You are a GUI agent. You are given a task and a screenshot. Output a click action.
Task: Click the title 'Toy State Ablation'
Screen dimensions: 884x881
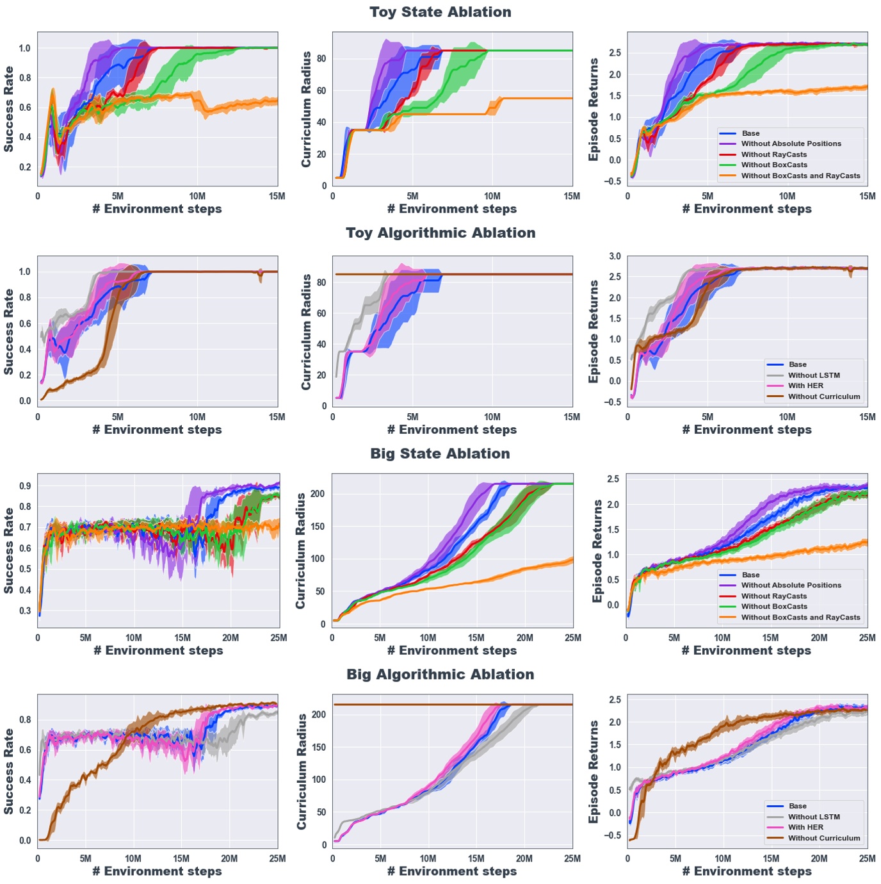pyautogui.click(x=440, y=12)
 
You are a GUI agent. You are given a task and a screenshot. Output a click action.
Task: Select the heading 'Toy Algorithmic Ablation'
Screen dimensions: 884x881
pyautogui.click(x=440, y=233)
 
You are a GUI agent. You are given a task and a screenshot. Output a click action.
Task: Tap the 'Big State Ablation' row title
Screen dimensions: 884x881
pyautogui.click(x=440, y=454)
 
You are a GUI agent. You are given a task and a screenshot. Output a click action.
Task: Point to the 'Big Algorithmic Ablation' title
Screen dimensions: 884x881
pyautogui.click(x=440, y=675)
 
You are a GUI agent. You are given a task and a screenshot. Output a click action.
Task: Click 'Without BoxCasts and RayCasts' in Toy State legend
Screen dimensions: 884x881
pyautogui.click(x=800, y=176)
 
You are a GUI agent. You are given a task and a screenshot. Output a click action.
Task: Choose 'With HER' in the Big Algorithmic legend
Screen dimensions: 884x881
pyautogui.click(x=805, y=827)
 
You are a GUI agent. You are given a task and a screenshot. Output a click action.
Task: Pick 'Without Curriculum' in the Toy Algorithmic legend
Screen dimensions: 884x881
pyautogui.click(x=824, y=397)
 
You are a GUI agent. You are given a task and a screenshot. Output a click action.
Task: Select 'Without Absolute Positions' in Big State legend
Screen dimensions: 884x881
pyautogui.click(x=791, y=585)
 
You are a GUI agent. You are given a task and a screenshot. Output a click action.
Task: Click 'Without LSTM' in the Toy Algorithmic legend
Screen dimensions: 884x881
pyautogui.click(x=814, y=375)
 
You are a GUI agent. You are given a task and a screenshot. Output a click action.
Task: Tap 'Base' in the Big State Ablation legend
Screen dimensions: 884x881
pyautogui.click(x=750, y=575)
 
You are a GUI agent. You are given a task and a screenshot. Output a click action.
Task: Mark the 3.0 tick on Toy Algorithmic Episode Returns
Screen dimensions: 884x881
pyautogui.click(x=615, y=256)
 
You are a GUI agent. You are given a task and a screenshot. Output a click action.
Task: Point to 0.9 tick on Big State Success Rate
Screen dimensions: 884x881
pyautogui.click(x=25, y=486)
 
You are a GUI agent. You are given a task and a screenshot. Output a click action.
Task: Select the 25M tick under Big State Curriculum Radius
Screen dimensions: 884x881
pyautogui.click(x=572, y=638)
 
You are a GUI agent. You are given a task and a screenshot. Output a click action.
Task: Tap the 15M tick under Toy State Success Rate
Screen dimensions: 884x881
pyautogui.click(x=277, y=196)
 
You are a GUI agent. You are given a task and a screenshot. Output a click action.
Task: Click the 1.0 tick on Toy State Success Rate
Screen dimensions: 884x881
pyautogui.click(x=25, y=48)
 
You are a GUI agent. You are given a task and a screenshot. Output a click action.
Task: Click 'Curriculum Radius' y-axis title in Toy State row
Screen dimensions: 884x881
pyautogui.click(x=307, y=110)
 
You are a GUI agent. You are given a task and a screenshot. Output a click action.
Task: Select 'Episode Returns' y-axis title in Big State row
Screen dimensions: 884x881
pyautogui.click(x=597, y=551)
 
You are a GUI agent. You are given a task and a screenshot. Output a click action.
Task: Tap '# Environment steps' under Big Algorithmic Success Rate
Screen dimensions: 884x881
pyautogui.click(x=158, y=871)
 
